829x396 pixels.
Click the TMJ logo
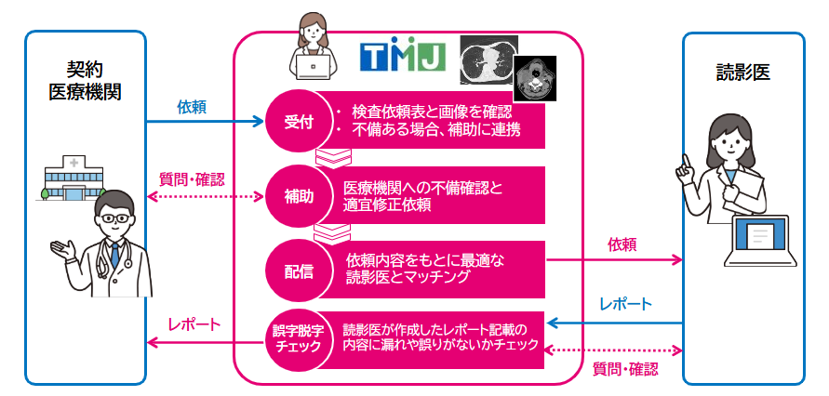pyautogui.click(x=403, y=59)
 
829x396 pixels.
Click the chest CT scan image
pyautogui.click(x=489, y=58)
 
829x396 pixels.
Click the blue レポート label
pyautogui.click(x=625, y=304)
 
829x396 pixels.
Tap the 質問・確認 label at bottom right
pyautogui.click(x=625, y=368)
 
